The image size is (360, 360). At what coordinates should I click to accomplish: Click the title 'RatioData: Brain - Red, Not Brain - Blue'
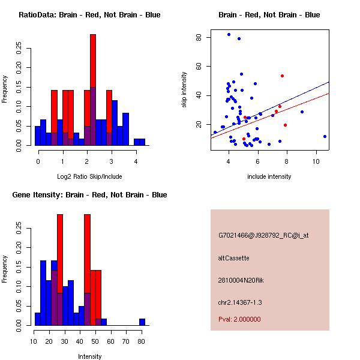pyautogui.click(x=89, y=15)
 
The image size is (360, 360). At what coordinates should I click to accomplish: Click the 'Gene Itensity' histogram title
pyautogui.click(x=89, y=195)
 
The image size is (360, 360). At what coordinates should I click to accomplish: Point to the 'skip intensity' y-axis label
pyautogui.click(x=185, y=90)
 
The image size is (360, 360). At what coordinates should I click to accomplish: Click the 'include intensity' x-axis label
pyautogui.click(x=269, y=176)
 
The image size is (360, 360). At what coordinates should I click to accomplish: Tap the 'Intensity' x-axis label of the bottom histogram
pyautogui.click(x=89, y=356)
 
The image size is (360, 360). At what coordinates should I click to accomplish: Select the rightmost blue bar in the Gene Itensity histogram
pyautogui.click(x=142, y=322)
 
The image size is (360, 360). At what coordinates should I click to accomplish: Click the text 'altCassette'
pyautogui.click(x=233, y=258)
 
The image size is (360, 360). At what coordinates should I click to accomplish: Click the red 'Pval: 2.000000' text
pyautogui.click(x=239, y=319)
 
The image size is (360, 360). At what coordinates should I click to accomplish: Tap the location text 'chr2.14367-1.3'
pyautogui.click(x=240, y=302)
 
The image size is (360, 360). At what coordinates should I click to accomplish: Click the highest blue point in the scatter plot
pyautogui.click(x=229, y=35)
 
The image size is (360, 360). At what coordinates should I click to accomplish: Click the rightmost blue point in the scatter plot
pyautogui.click(x=325, y=136)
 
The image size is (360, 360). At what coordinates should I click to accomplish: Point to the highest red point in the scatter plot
pyautogui.click(x=282, y=76)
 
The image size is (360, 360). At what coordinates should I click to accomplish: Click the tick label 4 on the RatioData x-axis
pyautogui.click(x=136, y=161)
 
